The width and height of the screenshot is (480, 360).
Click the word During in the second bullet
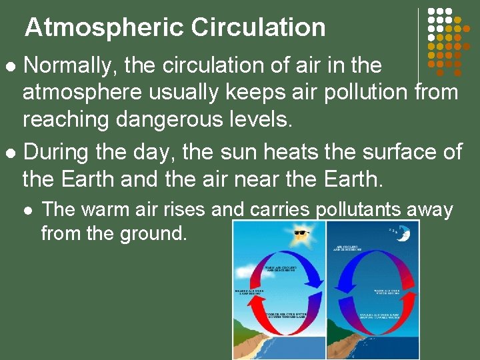point(57,152)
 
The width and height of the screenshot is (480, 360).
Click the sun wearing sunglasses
point(301,235)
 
